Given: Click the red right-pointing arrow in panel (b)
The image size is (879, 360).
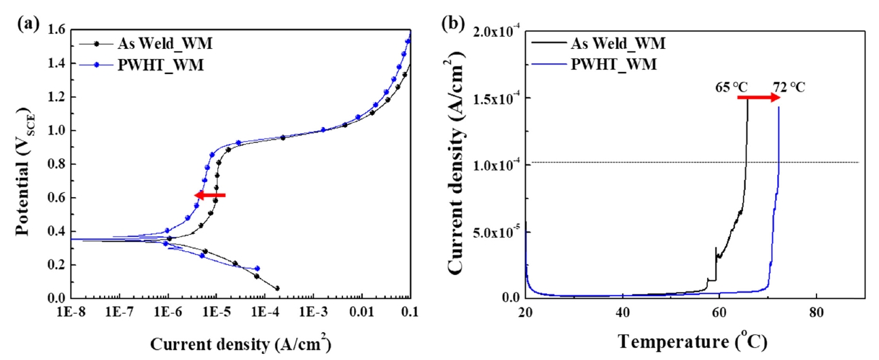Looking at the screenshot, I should (759, 98).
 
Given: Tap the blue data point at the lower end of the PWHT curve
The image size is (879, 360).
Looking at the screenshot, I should (257, 268).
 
